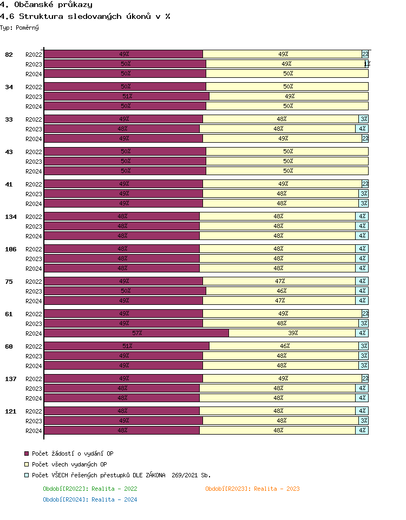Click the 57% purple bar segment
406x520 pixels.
coord(136,333)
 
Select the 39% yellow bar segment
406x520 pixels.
coord(292,333)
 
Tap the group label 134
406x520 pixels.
coord(11,217)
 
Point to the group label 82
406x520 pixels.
coord(9,55)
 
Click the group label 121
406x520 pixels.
coord(11,411)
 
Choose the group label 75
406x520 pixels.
coord(9,282)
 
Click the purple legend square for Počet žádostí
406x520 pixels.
coord(26,454)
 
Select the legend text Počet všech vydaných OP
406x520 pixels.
coord(69,464)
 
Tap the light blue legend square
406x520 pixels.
coord(26,475)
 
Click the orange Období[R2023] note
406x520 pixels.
coord(252,489)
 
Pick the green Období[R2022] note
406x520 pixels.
coord(90,489)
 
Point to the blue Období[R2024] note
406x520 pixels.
coord(90,499)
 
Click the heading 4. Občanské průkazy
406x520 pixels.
coord(46,5)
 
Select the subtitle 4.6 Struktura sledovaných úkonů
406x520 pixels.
coord(85,16)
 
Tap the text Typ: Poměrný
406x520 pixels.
coord(19,27)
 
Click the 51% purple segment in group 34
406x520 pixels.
coord(127,96)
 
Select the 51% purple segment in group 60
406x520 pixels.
coord(127,346)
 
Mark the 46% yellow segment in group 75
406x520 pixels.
coord(280,291)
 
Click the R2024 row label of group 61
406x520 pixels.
coord(34,334)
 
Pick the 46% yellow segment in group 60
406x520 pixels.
coord(284,346)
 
